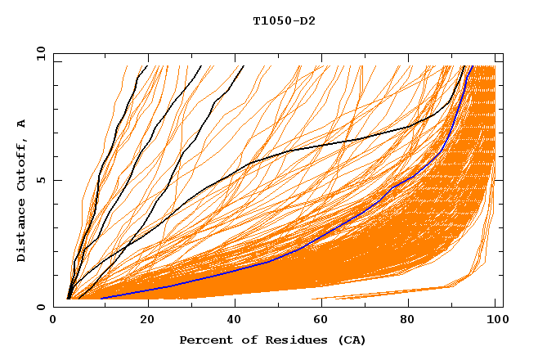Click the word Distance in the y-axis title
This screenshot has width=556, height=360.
tap(21, 232)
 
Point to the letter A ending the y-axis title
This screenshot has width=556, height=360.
tap(21, 123)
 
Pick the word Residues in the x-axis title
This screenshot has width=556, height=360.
tap(288, 340)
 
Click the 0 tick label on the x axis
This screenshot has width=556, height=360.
tap(54, 320)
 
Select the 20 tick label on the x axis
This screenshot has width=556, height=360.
tap(142, 320)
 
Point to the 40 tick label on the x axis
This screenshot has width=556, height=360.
tap(231, 320)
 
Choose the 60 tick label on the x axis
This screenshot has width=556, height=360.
tap(320, 320)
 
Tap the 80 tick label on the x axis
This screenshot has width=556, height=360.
tap(408, 320)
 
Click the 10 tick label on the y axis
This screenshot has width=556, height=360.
tap(40, 53)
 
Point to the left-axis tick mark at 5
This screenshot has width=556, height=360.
tap(56, 180)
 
